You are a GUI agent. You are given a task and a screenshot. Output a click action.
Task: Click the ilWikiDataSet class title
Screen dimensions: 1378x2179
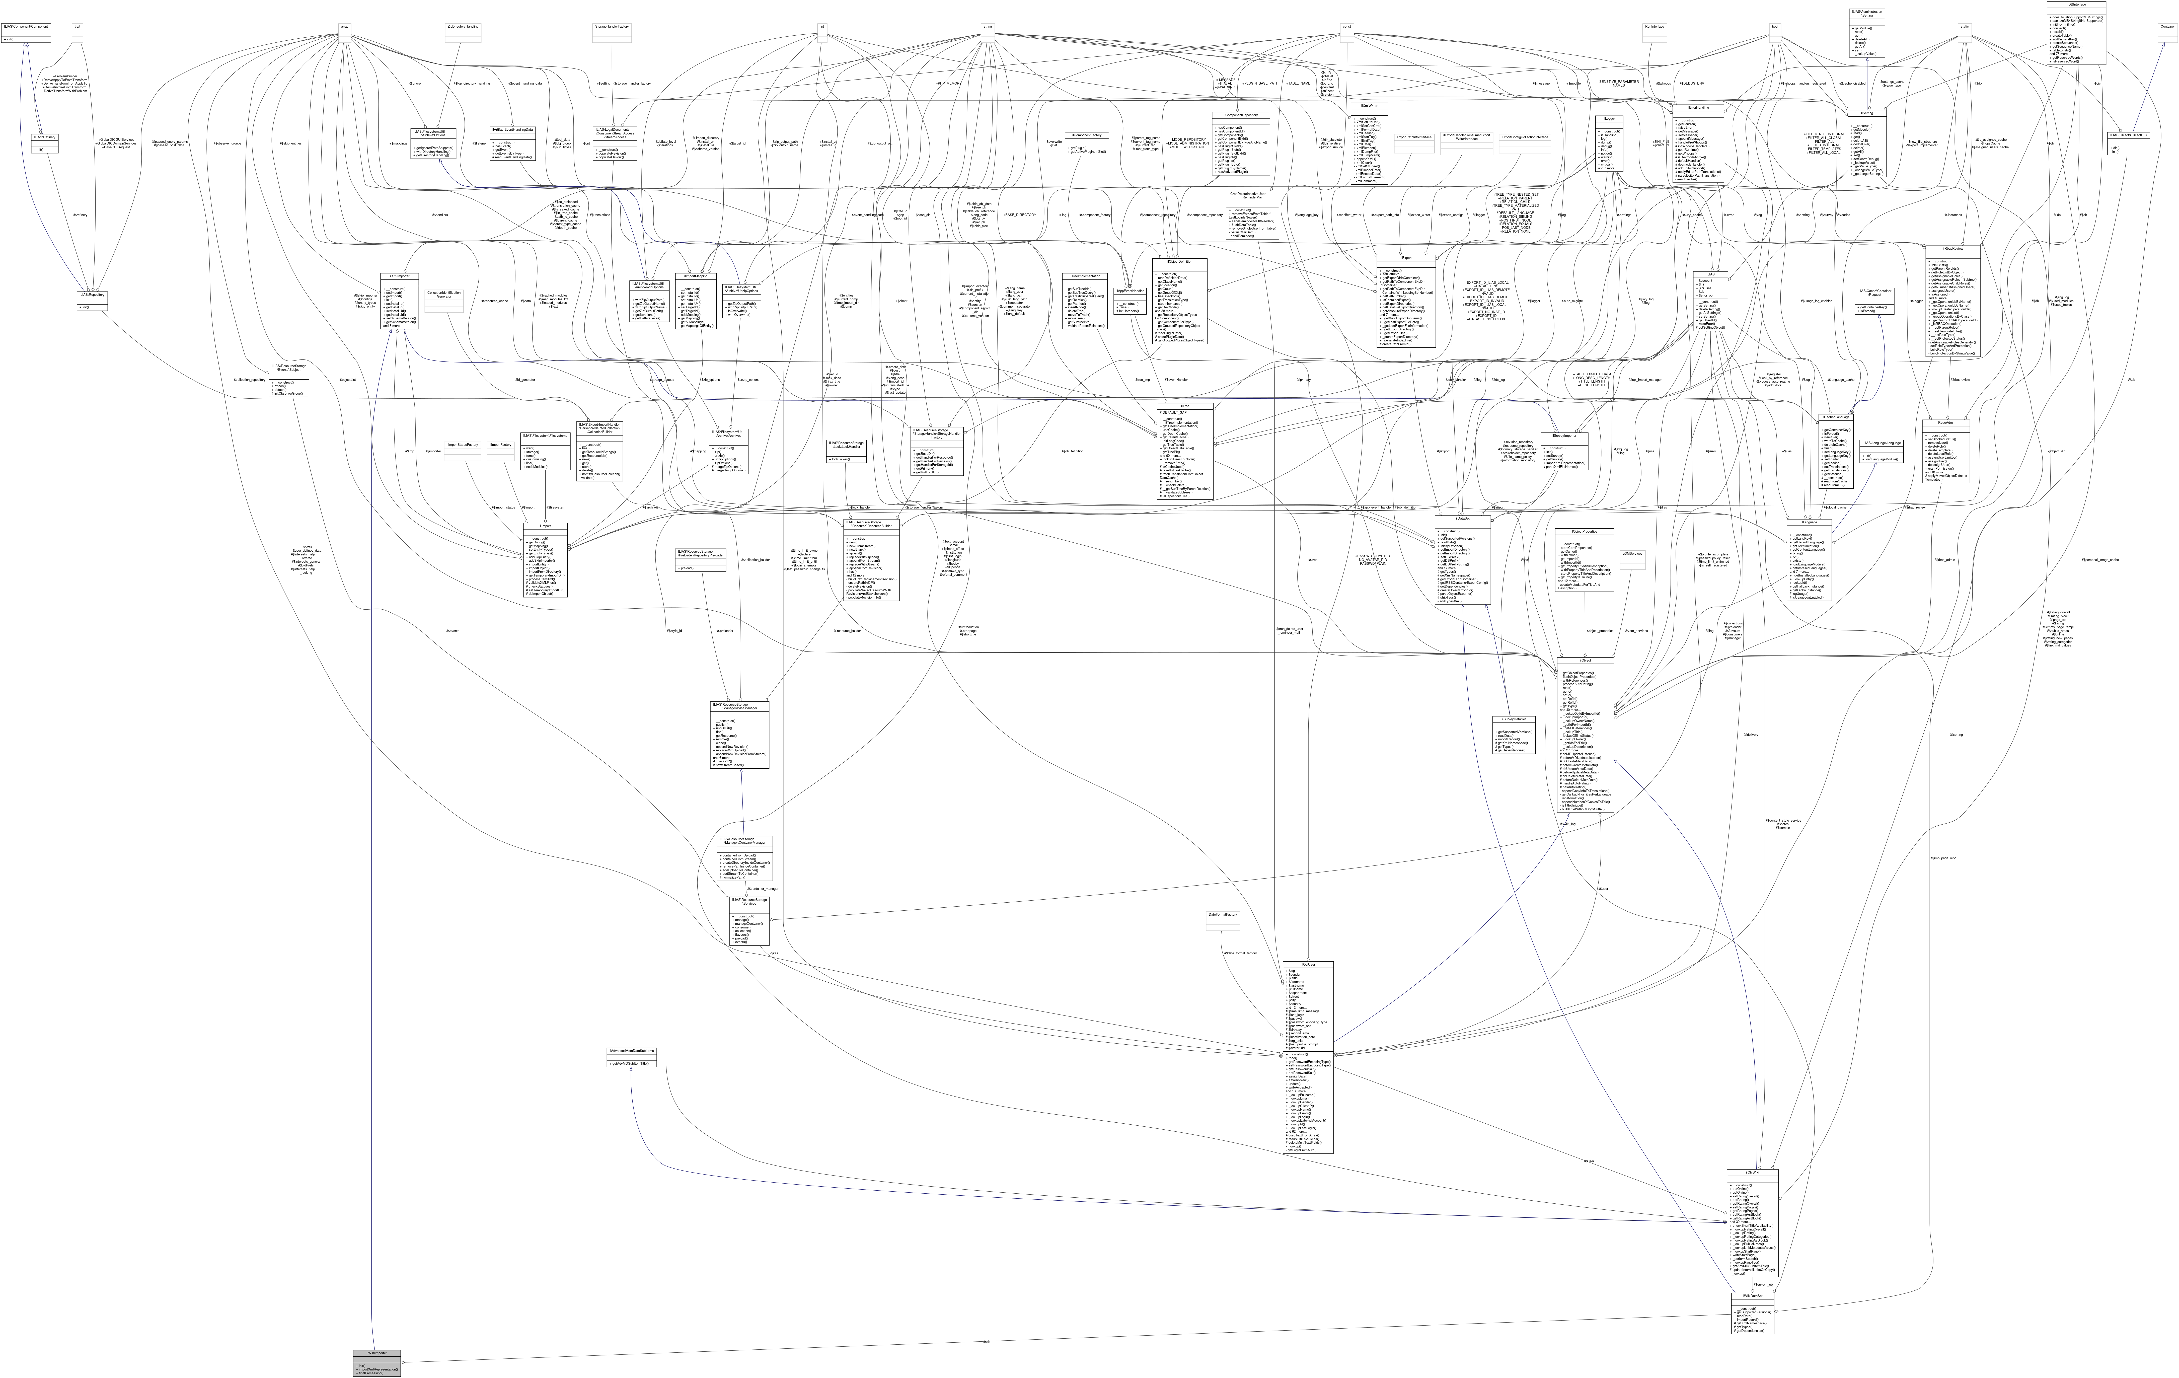(1752, 1296)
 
